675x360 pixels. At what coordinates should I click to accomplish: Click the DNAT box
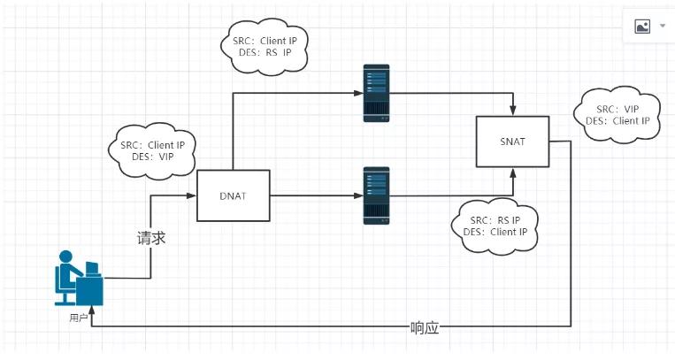231,195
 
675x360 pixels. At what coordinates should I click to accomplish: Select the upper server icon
376,93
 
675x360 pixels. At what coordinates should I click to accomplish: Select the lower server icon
376,194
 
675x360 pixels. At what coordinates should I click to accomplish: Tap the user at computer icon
78,280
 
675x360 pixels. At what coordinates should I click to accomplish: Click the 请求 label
150,238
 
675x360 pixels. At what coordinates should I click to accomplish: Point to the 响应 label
425,327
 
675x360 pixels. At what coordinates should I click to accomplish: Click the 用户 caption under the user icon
78,317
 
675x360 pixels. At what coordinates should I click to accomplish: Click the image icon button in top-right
642,27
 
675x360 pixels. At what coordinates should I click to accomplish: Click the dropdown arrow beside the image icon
662,27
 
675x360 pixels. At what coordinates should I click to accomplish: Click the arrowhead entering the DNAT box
191,195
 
